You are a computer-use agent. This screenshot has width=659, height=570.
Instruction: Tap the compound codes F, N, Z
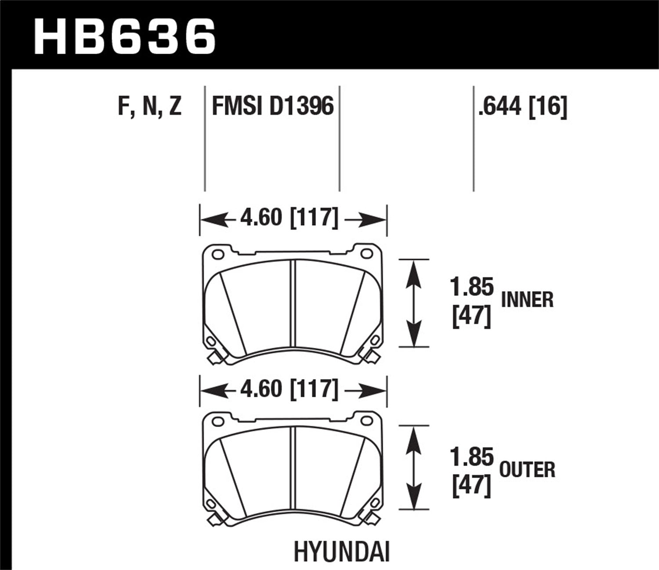[x=149, y=107]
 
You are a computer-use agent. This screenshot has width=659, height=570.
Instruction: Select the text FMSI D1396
[x=273, y=107]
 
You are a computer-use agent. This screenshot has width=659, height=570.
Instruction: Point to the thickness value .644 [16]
[x=523, y=107]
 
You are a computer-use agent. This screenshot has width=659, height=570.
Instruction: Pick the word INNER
[x=527, y=300]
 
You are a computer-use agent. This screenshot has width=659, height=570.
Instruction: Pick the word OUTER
[x=527, y=470]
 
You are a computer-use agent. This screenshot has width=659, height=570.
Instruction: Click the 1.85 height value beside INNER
[x=472, y=288]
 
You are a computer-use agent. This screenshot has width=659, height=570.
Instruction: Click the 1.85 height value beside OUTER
[x=472, y=458]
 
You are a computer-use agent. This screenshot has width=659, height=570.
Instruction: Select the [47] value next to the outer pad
[x=471, y=487]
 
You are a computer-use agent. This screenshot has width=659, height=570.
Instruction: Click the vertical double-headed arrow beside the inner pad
[x=413, y=303]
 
